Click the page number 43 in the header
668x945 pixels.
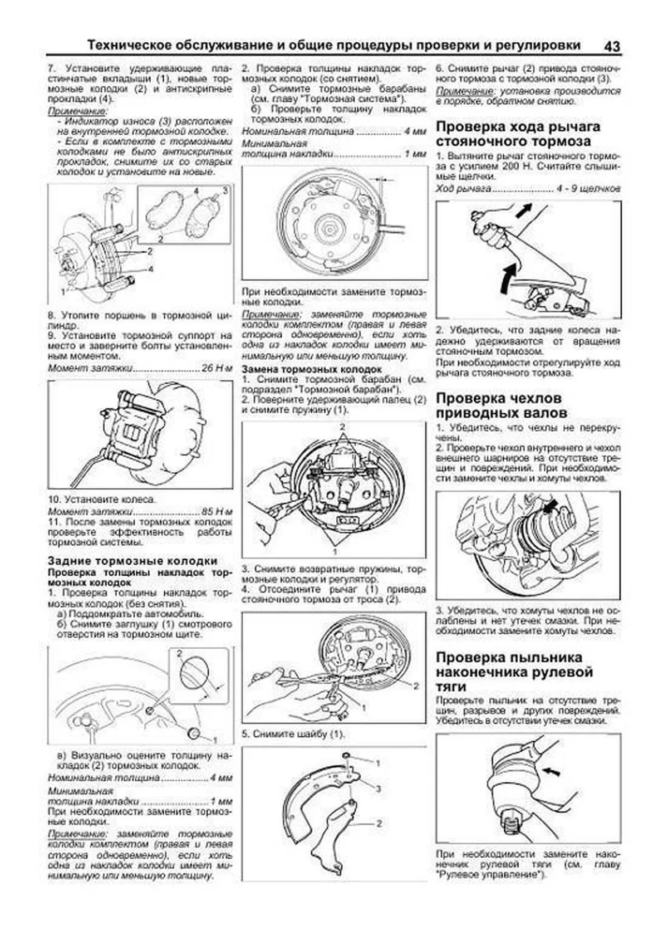pyautogui.click(x=611, y=46)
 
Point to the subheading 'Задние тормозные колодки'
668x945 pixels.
pyautogui.click(x=132, y=560)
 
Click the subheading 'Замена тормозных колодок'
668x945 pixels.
pyautogui.click(x=312, y=369)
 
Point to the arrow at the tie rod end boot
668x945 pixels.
pyautogui.click(x=551, y=771)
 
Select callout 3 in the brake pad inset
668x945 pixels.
pyautogui.click(x=225, y=191)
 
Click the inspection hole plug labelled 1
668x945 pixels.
pyautogui.click(x=195, y=731)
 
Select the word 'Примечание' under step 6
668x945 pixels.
pyautogui.click(x=457, y=90)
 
